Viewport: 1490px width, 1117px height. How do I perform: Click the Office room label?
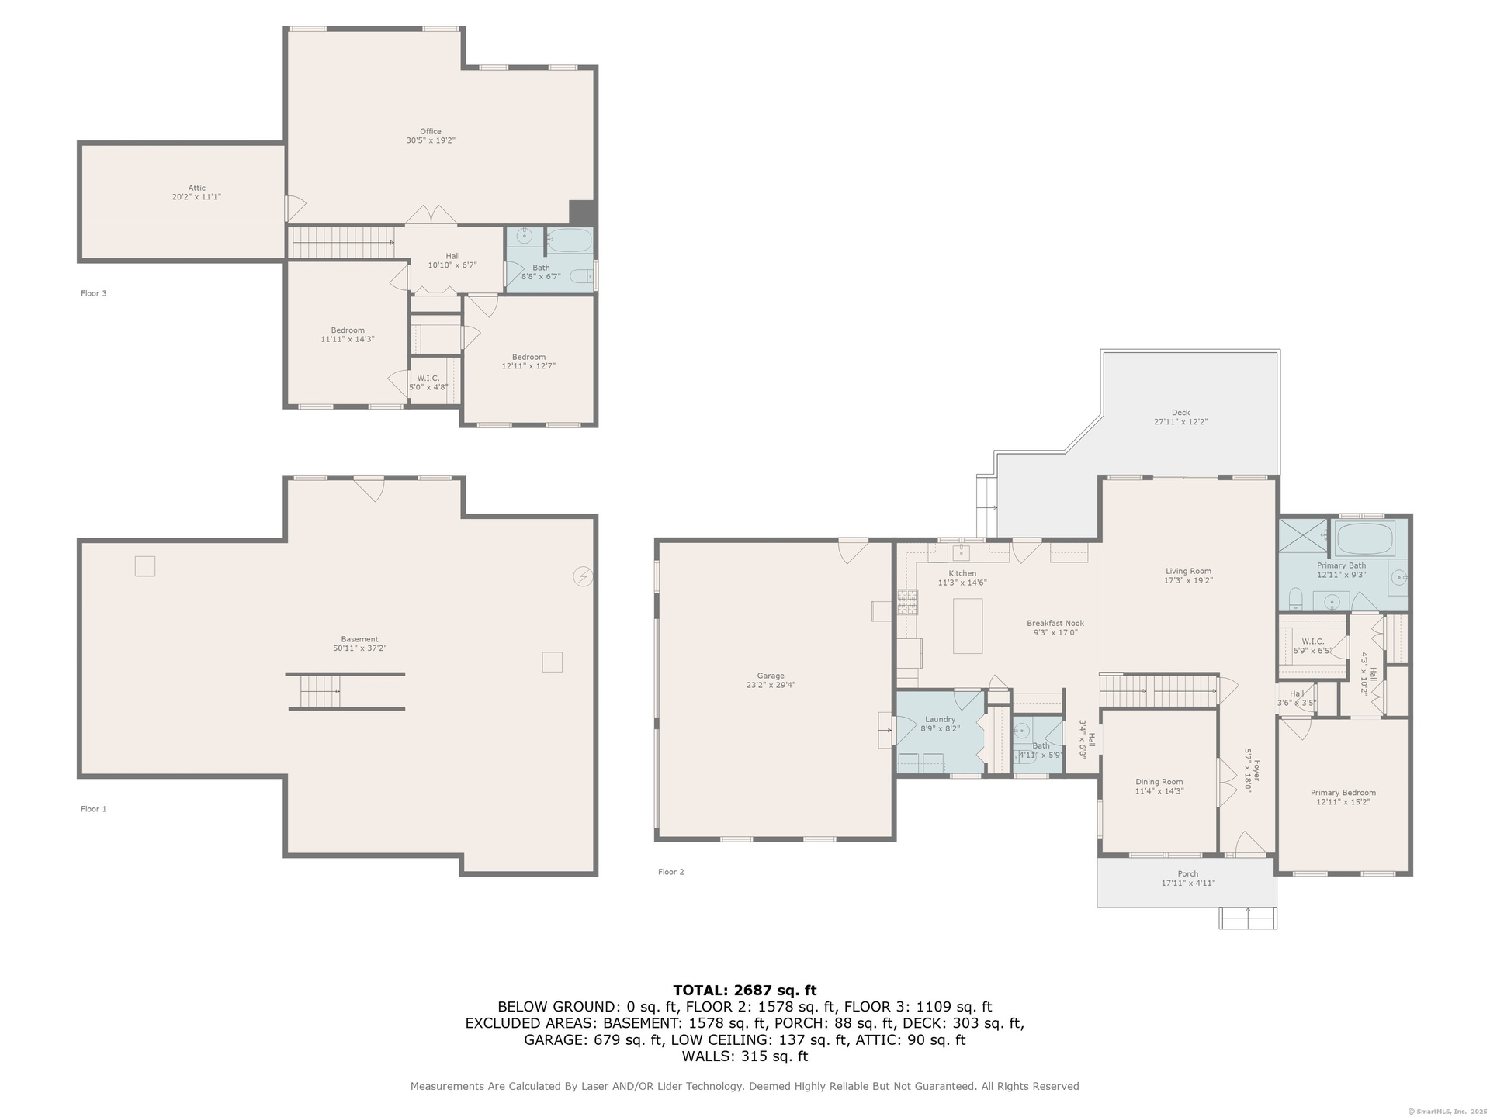point(431,131)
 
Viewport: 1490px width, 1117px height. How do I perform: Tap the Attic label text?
point(197,188)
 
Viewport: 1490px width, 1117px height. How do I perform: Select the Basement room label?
point(360,639)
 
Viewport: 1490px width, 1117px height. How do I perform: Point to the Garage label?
point(771,676)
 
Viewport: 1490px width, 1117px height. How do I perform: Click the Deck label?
point(1180,413)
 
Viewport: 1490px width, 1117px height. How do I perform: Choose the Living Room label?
point(1188,571)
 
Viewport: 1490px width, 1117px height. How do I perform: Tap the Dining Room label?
point(1159,782)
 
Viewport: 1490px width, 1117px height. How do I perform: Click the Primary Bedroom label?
point(1343,793)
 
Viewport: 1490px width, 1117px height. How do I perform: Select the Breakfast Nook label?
point(1055,623)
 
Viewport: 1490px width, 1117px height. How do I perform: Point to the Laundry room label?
point(940,719)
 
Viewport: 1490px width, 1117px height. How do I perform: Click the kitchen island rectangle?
point(968,626)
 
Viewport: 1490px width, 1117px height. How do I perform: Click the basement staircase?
point(320,691)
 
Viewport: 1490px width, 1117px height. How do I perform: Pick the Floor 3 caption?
point(94,293)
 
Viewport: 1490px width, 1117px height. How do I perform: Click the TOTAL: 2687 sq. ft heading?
point(745,990)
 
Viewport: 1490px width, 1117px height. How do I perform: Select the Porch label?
point(1188,873)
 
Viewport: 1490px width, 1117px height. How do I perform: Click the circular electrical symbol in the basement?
point(583,576)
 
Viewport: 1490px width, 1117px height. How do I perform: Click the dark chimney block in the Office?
point(582,213)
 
